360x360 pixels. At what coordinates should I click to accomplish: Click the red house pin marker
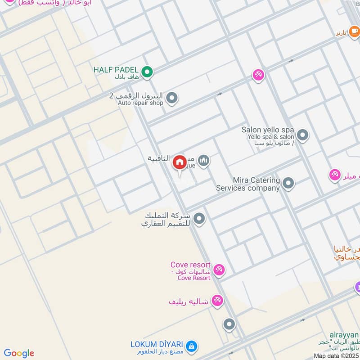(180, 162)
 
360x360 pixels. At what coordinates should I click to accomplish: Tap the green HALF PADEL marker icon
(147, 71)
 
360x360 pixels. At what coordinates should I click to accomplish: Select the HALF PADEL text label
(116, 70)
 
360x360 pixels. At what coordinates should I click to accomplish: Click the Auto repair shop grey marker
(171, 97)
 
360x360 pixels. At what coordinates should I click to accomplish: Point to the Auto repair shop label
(140, 103)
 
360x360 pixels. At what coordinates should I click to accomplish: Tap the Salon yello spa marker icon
(303, 135)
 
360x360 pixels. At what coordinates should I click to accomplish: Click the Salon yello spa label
(268, 130)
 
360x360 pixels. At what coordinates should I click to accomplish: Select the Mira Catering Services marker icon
(288, 183)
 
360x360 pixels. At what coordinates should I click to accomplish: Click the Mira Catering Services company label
(248, 184)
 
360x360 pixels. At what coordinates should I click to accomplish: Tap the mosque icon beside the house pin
(204, 160)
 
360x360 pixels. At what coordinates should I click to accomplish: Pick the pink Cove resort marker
(219, 270)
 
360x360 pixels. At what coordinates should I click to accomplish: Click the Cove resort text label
(191, 265)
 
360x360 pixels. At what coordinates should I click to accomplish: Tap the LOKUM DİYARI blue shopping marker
(191, 346)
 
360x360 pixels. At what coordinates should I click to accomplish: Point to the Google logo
(19, 353)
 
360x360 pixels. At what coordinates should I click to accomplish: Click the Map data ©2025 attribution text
(336, 356)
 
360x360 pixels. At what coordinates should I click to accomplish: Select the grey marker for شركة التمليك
(199, 219)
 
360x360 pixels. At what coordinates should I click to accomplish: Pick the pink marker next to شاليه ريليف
(217, 300)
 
